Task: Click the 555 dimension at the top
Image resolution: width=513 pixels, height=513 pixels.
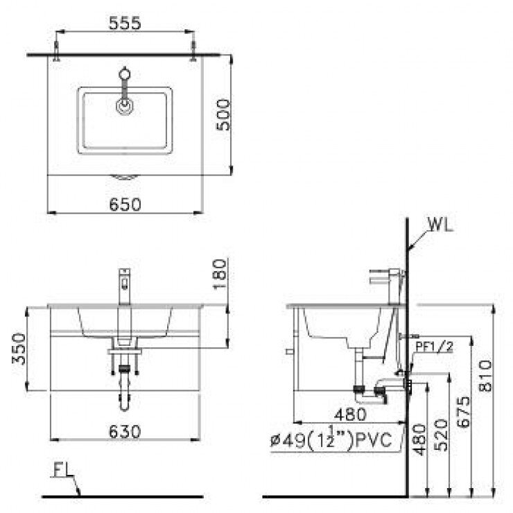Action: tap(125, 23)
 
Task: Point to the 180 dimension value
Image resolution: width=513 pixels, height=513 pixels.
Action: tap(220, 274)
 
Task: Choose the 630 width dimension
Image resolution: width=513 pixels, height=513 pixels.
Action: tap(125, 431)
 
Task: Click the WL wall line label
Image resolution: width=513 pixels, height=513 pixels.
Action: tap(440, 226)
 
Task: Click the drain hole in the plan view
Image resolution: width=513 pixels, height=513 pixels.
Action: tap(125, 105)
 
